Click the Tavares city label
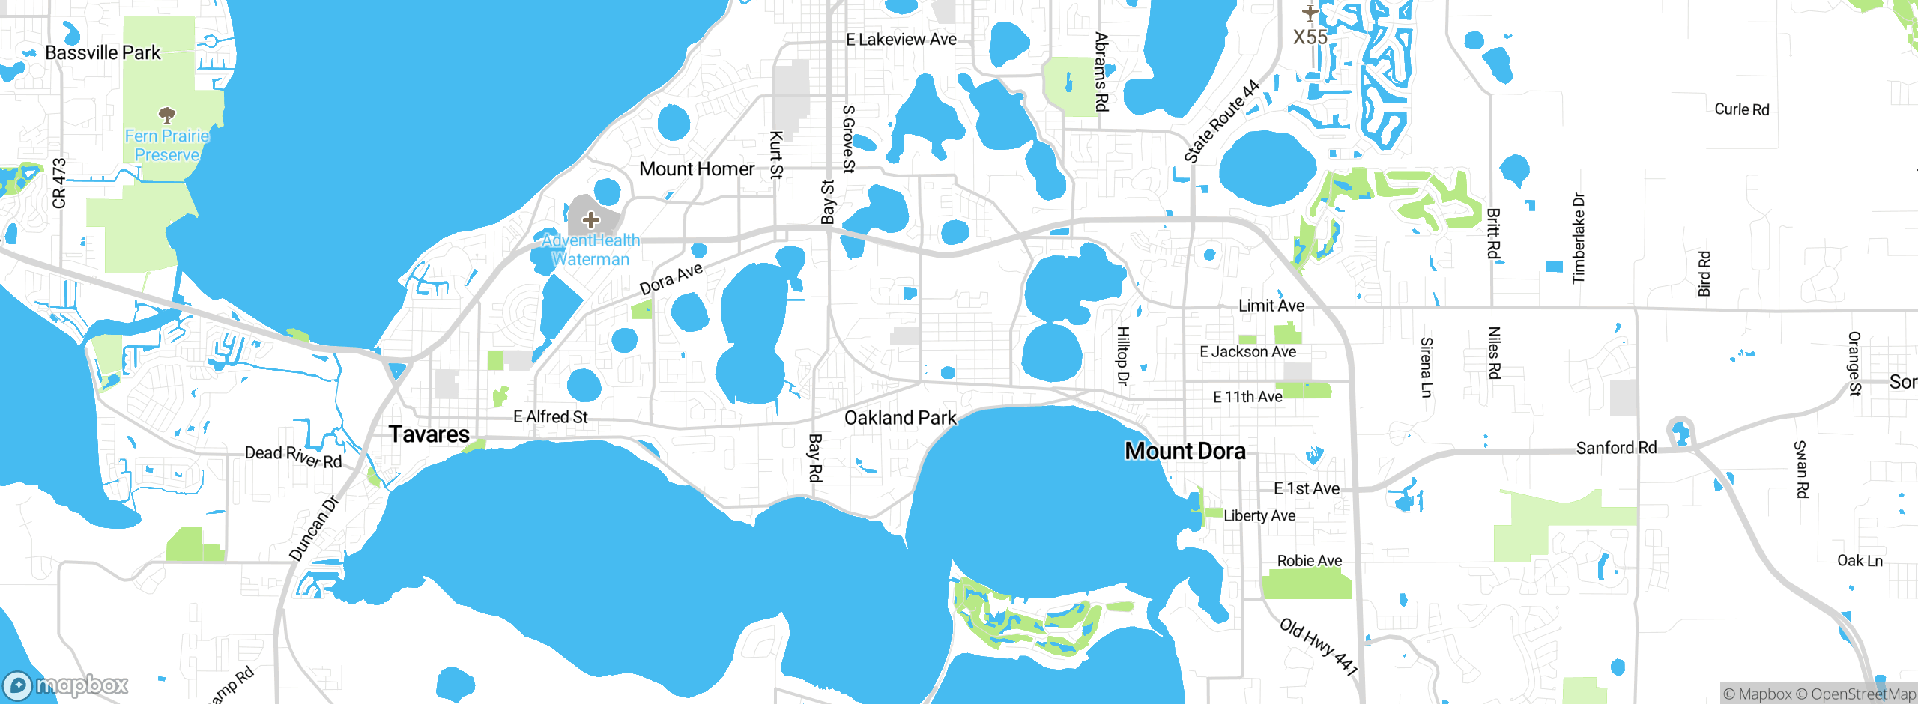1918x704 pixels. pyautogui.click(x=429, y=434)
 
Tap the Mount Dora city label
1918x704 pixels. pyautogui.click(x=1185, y=451)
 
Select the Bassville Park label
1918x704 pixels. pyautogui.click(x=103, y=53)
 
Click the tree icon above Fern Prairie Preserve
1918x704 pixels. pyautogui.click(x=167, y=115)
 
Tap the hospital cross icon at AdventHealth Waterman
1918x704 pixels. pyautogui.click(x=591, y=220)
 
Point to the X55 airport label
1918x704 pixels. pyautogui.click(x=1310, y=37)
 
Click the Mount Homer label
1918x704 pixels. pyautogui.click(x=697, y=169)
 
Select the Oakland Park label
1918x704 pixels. pyautogui.click(x=900, y=418)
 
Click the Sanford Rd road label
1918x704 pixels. pyautogui.click(x=1616, y=448)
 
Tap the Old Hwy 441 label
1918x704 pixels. pyautogui.click(x=1319, y=646)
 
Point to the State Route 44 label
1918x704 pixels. pyautogui.click(x=1221, y=122)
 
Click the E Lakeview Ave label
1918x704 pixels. pyautogui.click(x=901, y=40)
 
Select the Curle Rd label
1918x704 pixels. pyautogui.click(x=1742, y=109)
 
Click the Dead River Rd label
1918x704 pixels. pyautogui.click(x=293, y=455)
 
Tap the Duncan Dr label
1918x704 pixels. pyautogui.click(x=314, y=529)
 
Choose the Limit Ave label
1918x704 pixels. pyautogui.click(x=1271, y=306)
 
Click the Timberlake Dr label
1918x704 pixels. pyautogui.click(x=1579, y=238)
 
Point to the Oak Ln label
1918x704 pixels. pyautogui.click(x=1860, y=561)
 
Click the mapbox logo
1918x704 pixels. pyautogui.click(x=66, y=685)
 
